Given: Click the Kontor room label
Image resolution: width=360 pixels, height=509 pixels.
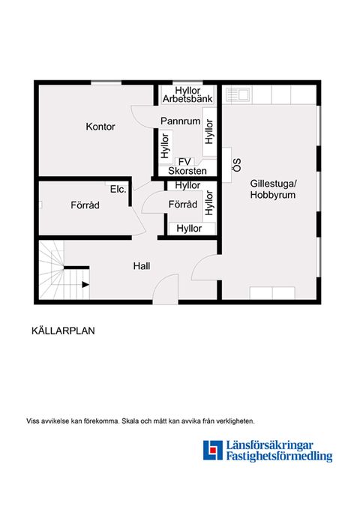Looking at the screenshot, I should pyautogui.click(x=100, y=127).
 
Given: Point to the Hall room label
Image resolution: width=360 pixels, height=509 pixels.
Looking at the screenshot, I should pyautogui.click(x=142, y=265).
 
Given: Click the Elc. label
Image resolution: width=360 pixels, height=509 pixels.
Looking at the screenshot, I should pyautogui.click(x=118, y=189).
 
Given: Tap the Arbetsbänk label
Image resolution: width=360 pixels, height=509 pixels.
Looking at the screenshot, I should pyautogui.click(x=187, y=99).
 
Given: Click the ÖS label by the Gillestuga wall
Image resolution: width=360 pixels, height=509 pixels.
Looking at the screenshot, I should pyautogui.click(x=235, y=165).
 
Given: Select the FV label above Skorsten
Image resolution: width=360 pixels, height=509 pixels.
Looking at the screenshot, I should pyautogui.click(x=184, y=161).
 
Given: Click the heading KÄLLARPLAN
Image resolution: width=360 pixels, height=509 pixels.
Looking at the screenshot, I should pyautogui.click(x=63, y=329).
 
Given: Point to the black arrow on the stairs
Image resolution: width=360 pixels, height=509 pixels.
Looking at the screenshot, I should pyautogui.click(x=85, y=285).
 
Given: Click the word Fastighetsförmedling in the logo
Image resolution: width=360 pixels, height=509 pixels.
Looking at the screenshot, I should pyautogui.click(x=279, y=457).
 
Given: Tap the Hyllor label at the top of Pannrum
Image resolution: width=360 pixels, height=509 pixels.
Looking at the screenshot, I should pyautogui.click(x=187, y=89).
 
